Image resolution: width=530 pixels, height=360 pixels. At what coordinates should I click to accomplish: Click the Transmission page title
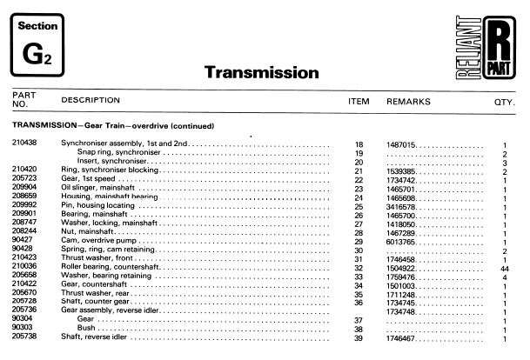(261, 72)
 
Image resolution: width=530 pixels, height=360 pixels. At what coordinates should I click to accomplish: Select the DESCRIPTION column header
(91, 101)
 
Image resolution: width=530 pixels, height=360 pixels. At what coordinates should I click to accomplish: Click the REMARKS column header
(408, 101)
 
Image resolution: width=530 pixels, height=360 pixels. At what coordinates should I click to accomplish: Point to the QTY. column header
(505, 101)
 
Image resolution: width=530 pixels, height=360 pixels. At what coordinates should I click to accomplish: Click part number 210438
(24, 143)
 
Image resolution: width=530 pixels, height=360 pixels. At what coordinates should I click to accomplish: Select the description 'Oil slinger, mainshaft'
(97, 187)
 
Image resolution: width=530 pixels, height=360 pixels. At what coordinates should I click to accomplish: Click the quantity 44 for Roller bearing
(505, 268)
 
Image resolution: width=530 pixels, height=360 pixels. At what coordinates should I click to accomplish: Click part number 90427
(22, 240)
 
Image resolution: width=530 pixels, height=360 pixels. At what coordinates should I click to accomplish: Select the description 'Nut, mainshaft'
(87, 231)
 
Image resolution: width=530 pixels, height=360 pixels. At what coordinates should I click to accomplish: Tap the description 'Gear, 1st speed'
(90, 178)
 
